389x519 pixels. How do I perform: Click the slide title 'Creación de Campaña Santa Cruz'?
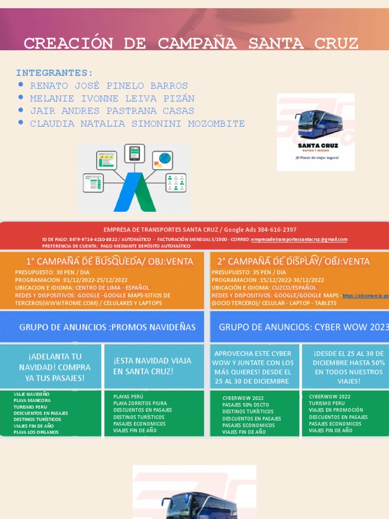[191, 44]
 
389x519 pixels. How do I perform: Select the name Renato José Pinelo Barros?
[109, 86]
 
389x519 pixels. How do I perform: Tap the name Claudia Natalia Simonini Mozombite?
[137, 124]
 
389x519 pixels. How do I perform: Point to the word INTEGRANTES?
[54, 72]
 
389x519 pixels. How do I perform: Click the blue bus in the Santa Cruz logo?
[319, 123]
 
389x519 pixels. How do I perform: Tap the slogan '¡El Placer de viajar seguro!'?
[317, 158]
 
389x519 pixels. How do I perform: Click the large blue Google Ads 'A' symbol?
[134, 193]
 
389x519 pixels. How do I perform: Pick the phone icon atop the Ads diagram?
[134, 152]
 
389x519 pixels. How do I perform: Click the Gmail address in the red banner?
[299, 239]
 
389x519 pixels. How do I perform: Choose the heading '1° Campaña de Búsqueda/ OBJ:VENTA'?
[109, 262]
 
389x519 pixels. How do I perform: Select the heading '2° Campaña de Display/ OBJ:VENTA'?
[293, 262]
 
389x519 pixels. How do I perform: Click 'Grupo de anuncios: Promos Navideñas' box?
[107, 327]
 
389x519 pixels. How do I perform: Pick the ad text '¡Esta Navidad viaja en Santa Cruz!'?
[152, 366]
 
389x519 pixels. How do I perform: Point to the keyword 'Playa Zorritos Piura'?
[140, 403]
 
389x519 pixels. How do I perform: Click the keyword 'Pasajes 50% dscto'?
[246, 405]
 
